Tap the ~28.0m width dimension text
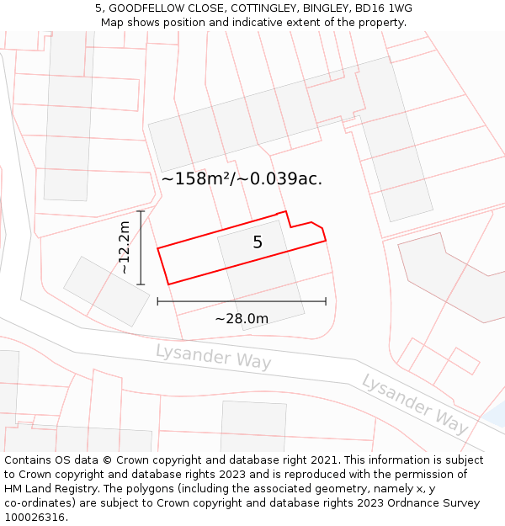tap(242, 319)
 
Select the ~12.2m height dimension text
tap(125, 247)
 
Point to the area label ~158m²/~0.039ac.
tap(242, 179)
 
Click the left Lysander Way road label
tap(213, 356)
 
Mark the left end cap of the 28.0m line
tap(157, 301)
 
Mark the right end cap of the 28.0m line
tap(326, 301)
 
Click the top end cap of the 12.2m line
tap(141, 211)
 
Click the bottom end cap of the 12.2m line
tap(141, 284)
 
